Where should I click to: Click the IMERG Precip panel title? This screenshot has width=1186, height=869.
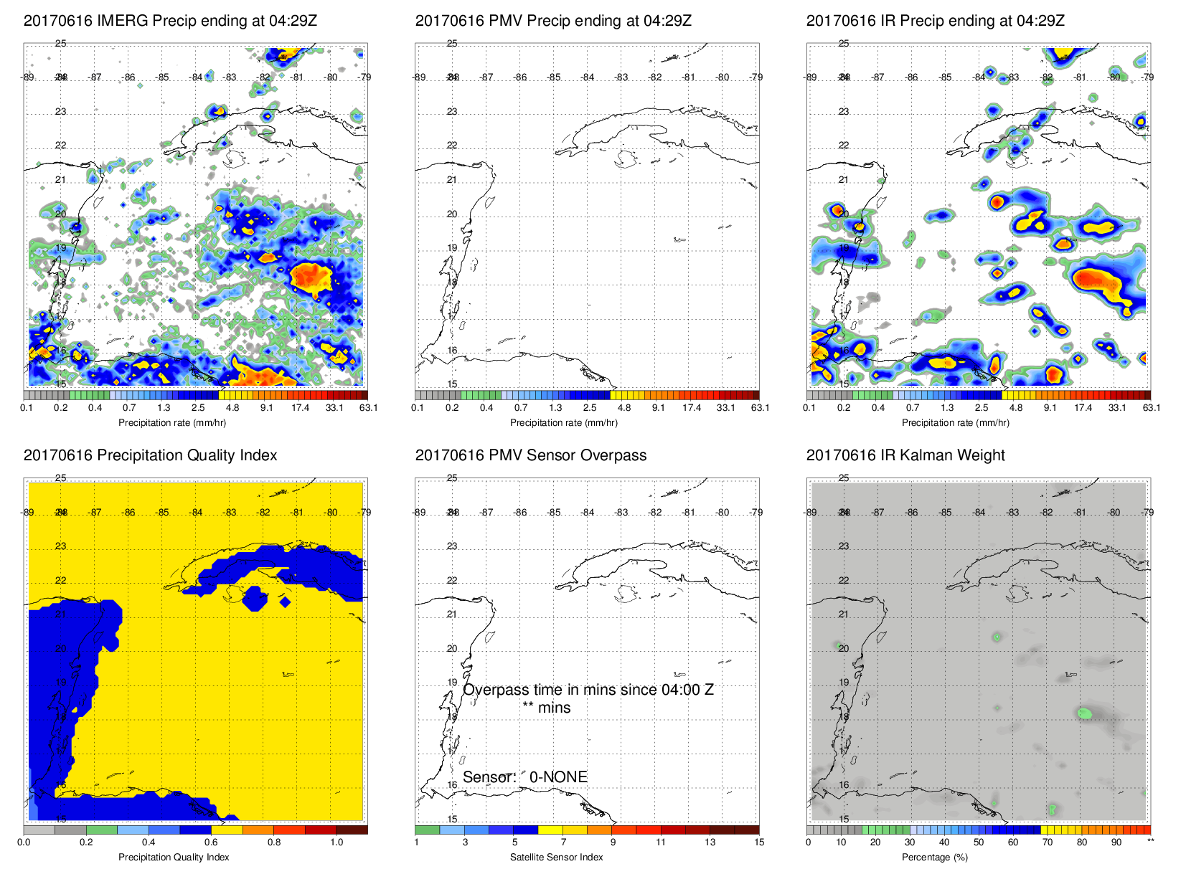(170, 21)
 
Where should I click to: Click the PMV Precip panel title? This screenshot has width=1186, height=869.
(553, 21)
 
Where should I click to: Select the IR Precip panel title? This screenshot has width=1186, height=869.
(935, 21)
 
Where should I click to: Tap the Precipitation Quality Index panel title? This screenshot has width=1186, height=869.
(150, 455)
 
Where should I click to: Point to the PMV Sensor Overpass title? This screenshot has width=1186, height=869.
(530, 455)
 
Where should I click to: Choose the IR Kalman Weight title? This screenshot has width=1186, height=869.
(905, 455)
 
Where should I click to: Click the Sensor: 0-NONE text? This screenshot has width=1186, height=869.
(525, 777)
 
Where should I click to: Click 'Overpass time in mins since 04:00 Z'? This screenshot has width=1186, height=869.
(588, 690)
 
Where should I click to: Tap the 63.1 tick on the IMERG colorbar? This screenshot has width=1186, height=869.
(368, 408)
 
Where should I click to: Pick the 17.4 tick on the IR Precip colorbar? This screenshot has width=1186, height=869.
(1083, 408)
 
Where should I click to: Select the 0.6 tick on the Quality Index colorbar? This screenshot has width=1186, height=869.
(211, 842)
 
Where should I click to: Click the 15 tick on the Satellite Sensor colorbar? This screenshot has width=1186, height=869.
(759, 842)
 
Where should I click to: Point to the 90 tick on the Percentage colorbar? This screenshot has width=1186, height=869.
(1116, 842)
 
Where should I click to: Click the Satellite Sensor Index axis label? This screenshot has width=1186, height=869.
(556, 858)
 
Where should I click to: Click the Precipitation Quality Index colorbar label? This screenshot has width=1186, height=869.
(174, 858)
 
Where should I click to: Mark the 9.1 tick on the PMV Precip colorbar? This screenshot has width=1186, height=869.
(658, 408)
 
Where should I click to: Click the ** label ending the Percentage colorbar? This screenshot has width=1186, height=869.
(1150, 841)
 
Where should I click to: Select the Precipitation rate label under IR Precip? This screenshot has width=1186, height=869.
(955, 423)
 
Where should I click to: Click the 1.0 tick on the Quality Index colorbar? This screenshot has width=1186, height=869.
(336, 842)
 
